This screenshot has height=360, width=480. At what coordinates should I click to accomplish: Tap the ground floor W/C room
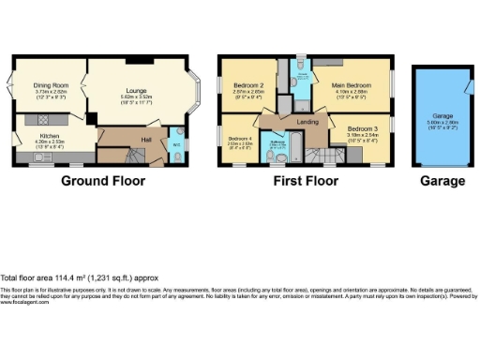[176, 144]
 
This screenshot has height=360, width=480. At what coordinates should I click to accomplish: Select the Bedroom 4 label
[239, 137]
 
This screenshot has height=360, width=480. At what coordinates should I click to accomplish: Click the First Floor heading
[306, 180]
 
